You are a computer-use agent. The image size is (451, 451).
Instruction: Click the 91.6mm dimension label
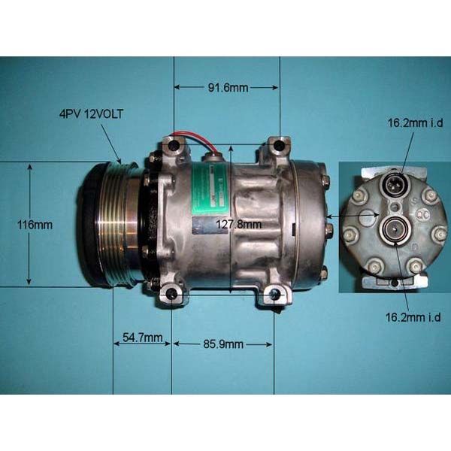tap(228, 88)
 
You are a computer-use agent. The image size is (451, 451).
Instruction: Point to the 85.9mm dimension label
tap(223, 344)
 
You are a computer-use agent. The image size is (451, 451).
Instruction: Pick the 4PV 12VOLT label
tap(91, 114)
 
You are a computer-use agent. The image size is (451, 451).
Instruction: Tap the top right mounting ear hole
tap(280, 144)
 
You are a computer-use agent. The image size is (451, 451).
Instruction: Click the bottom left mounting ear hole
tap(171, 294)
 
